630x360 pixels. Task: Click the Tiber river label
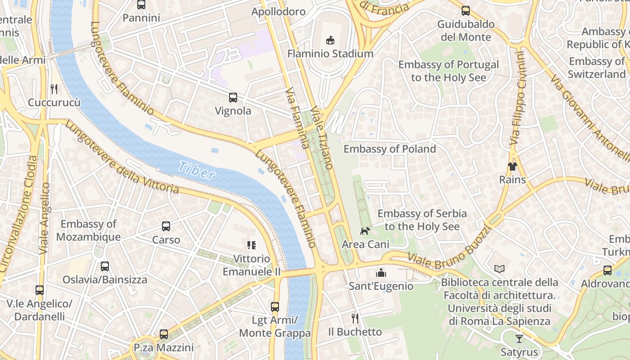coord(197,170)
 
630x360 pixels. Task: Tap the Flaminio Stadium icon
coord(330,40)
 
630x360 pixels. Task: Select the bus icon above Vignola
coord(233,97)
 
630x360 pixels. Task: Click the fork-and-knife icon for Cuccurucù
coord(54,89)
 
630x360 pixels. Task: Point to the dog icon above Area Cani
coord(365,231)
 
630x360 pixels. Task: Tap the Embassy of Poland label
coord(390,149)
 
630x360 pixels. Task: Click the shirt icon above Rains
coord(512,166)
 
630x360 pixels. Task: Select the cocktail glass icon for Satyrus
coord(519,339)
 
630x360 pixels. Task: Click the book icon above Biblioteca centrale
coord(499,269)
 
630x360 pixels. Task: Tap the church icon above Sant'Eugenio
coord(381,273)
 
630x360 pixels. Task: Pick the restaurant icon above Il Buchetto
coord(355,319)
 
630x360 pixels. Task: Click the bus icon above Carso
coord(166,226)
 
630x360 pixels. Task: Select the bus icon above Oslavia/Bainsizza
coord(105,266)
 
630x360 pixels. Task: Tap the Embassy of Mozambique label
coord(88,230)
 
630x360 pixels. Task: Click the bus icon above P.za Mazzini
coord(164,334)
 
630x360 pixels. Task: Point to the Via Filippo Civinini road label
coord(518,98)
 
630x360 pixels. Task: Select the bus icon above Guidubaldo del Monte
coord(466,10)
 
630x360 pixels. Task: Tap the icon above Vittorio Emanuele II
coord(252,245)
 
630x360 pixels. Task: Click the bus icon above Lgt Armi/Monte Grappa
coord(275,307)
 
